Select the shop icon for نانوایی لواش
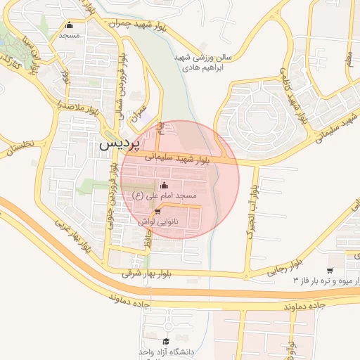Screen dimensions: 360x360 [x=157, y=212]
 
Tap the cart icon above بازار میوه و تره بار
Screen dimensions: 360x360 [x=330, y=271]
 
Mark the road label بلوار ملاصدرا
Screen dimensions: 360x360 [x=79, y=107]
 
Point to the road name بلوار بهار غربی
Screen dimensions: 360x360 [x=74, y=235]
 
